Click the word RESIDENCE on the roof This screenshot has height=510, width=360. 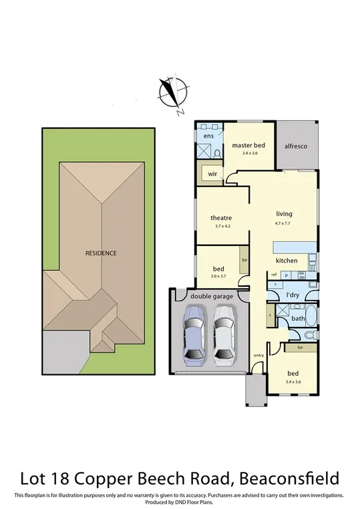tap(101, 253)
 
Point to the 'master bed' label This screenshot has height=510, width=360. tap(246, 144)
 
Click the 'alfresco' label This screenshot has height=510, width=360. tap(296, 146)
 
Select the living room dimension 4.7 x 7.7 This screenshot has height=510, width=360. tap(285, 223)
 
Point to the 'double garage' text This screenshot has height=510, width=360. tap(210, 295)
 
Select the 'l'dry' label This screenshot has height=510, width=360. tap(292, 295)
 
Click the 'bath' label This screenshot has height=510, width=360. tap(298, 318)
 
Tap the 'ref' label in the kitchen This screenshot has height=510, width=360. tap(274, 275)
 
